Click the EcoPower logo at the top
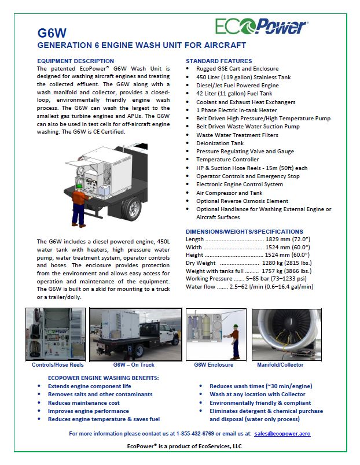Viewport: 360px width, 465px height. click(262, 26)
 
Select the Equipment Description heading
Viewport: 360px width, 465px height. click(75, 61)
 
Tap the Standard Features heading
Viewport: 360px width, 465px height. click(219, 61)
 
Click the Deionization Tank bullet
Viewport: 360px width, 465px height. click(220, 143)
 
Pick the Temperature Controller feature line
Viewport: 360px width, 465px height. click(226, 159)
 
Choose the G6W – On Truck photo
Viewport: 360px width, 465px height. click(135, 334)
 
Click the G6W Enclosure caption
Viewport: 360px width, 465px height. click(214, 365)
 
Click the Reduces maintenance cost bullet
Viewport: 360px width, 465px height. click(83, 403)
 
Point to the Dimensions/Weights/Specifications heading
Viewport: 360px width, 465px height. click(244, 231)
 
